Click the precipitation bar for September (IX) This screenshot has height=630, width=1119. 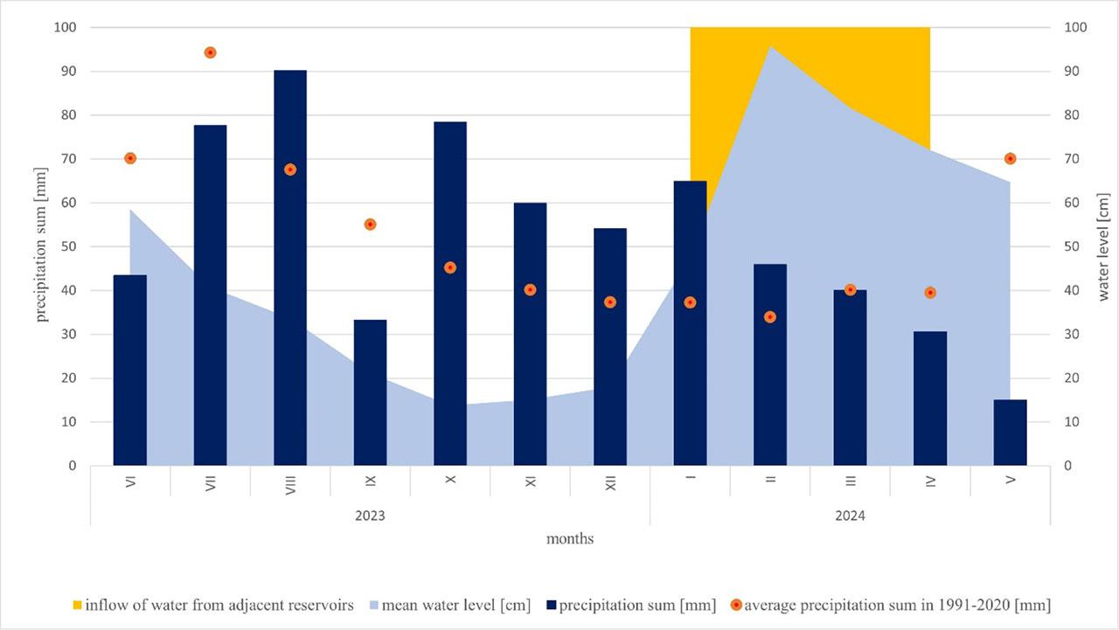point(370,392)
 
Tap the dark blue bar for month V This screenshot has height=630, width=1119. point(1010,433)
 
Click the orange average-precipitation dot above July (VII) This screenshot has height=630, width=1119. point(210,52)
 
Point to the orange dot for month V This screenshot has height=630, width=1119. point(1010,158)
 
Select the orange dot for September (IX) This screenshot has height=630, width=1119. point(370,225)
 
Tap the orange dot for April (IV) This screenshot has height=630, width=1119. point(930,293)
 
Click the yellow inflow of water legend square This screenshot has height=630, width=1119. point(77,605)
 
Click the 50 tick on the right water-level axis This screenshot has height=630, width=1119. point(1074,246)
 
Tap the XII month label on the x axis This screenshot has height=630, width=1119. point(610,480)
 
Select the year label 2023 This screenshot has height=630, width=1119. point(370,516)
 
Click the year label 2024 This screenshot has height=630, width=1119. point(850,516)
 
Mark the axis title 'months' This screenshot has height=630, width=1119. point(570,539)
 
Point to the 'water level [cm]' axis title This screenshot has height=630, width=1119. point(1103,246)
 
